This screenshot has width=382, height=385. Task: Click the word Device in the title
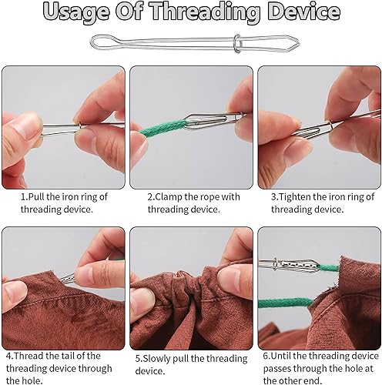(305, 11)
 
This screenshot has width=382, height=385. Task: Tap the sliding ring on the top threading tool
(237, 43)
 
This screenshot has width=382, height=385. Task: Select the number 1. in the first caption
(24, 197)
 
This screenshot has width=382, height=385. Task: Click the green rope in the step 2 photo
(163, 129)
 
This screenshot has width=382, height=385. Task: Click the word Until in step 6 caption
(281, 357)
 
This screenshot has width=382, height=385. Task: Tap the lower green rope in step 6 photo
(286, 303)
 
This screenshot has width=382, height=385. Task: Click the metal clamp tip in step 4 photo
(67, 278)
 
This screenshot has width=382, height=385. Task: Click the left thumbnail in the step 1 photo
(28, 124)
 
